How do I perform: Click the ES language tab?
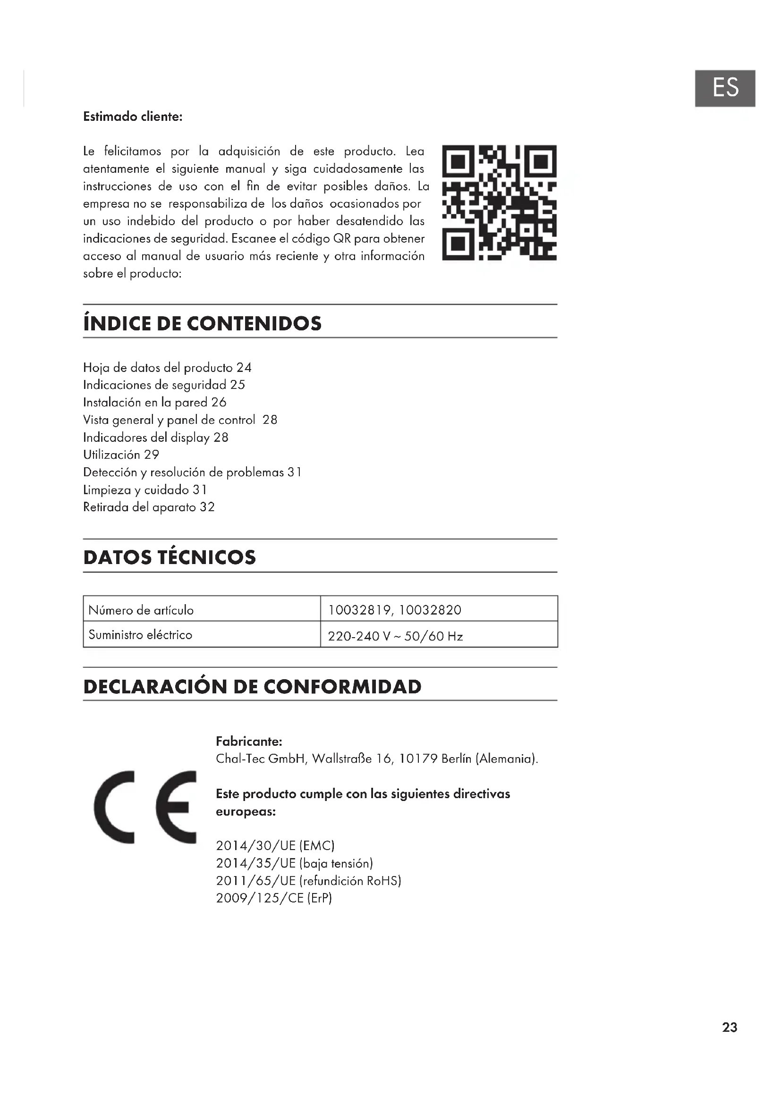724,88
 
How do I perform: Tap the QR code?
499,202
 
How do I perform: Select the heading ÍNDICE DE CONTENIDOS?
202,323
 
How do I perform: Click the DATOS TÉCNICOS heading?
170,557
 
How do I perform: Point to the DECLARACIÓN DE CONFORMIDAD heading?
252,686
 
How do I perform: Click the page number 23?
729,1028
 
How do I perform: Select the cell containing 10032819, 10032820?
439,609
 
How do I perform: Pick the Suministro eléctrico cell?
202,635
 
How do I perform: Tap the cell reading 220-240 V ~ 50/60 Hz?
439,635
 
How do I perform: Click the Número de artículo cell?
202,609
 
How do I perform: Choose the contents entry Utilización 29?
121,455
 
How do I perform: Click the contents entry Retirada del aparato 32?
149,507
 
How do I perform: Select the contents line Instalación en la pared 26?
154,402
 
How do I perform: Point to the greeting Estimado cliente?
133,117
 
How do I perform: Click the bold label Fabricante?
249,741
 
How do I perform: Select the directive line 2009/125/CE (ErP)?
274,898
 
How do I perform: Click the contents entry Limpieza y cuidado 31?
145,489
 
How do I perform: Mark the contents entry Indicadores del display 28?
155,437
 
